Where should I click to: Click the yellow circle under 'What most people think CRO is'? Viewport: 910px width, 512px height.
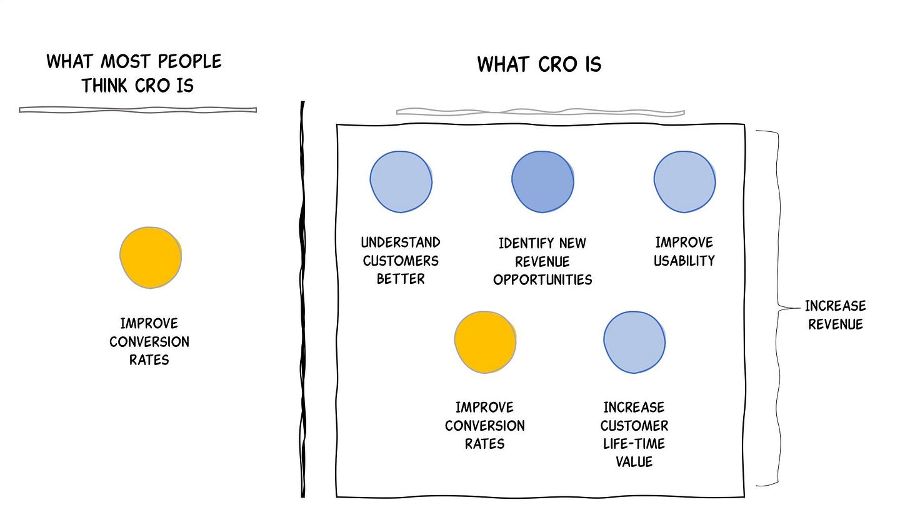click(151, 258)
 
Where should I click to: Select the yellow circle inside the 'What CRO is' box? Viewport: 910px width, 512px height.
click(485, 342)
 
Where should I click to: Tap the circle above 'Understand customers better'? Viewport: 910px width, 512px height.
click(401, 181)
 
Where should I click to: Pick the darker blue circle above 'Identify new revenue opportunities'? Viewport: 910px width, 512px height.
click(542, 181)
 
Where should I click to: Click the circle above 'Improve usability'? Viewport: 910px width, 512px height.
click(684, 181)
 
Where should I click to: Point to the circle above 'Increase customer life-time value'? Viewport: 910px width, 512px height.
click(634, 342)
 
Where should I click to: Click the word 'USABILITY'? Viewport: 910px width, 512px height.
click(684, 261)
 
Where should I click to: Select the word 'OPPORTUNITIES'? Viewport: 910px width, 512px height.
click(542, 279)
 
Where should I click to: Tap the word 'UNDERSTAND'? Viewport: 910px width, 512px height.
click(401, 243)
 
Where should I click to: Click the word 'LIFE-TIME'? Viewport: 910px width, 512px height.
click(634, 444)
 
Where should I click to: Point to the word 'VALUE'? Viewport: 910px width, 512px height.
click(634, 462)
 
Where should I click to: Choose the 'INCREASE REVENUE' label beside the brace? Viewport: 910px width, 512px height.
click(835, 314)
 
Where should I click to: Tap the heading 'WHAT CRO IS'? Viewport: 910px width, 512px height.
click(539, 64)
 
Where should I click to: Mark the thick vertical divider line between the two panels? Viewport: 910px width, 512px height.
click(303, 300)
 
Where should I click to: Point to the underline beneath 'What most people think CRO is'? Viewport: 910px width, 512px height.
click(137, 110)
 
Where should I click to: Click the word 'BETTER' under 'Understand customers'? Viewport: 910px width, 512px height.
click(401, 279)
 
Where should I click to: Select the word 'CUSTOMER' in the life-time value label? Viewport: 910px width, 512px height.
click(634, 426)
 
